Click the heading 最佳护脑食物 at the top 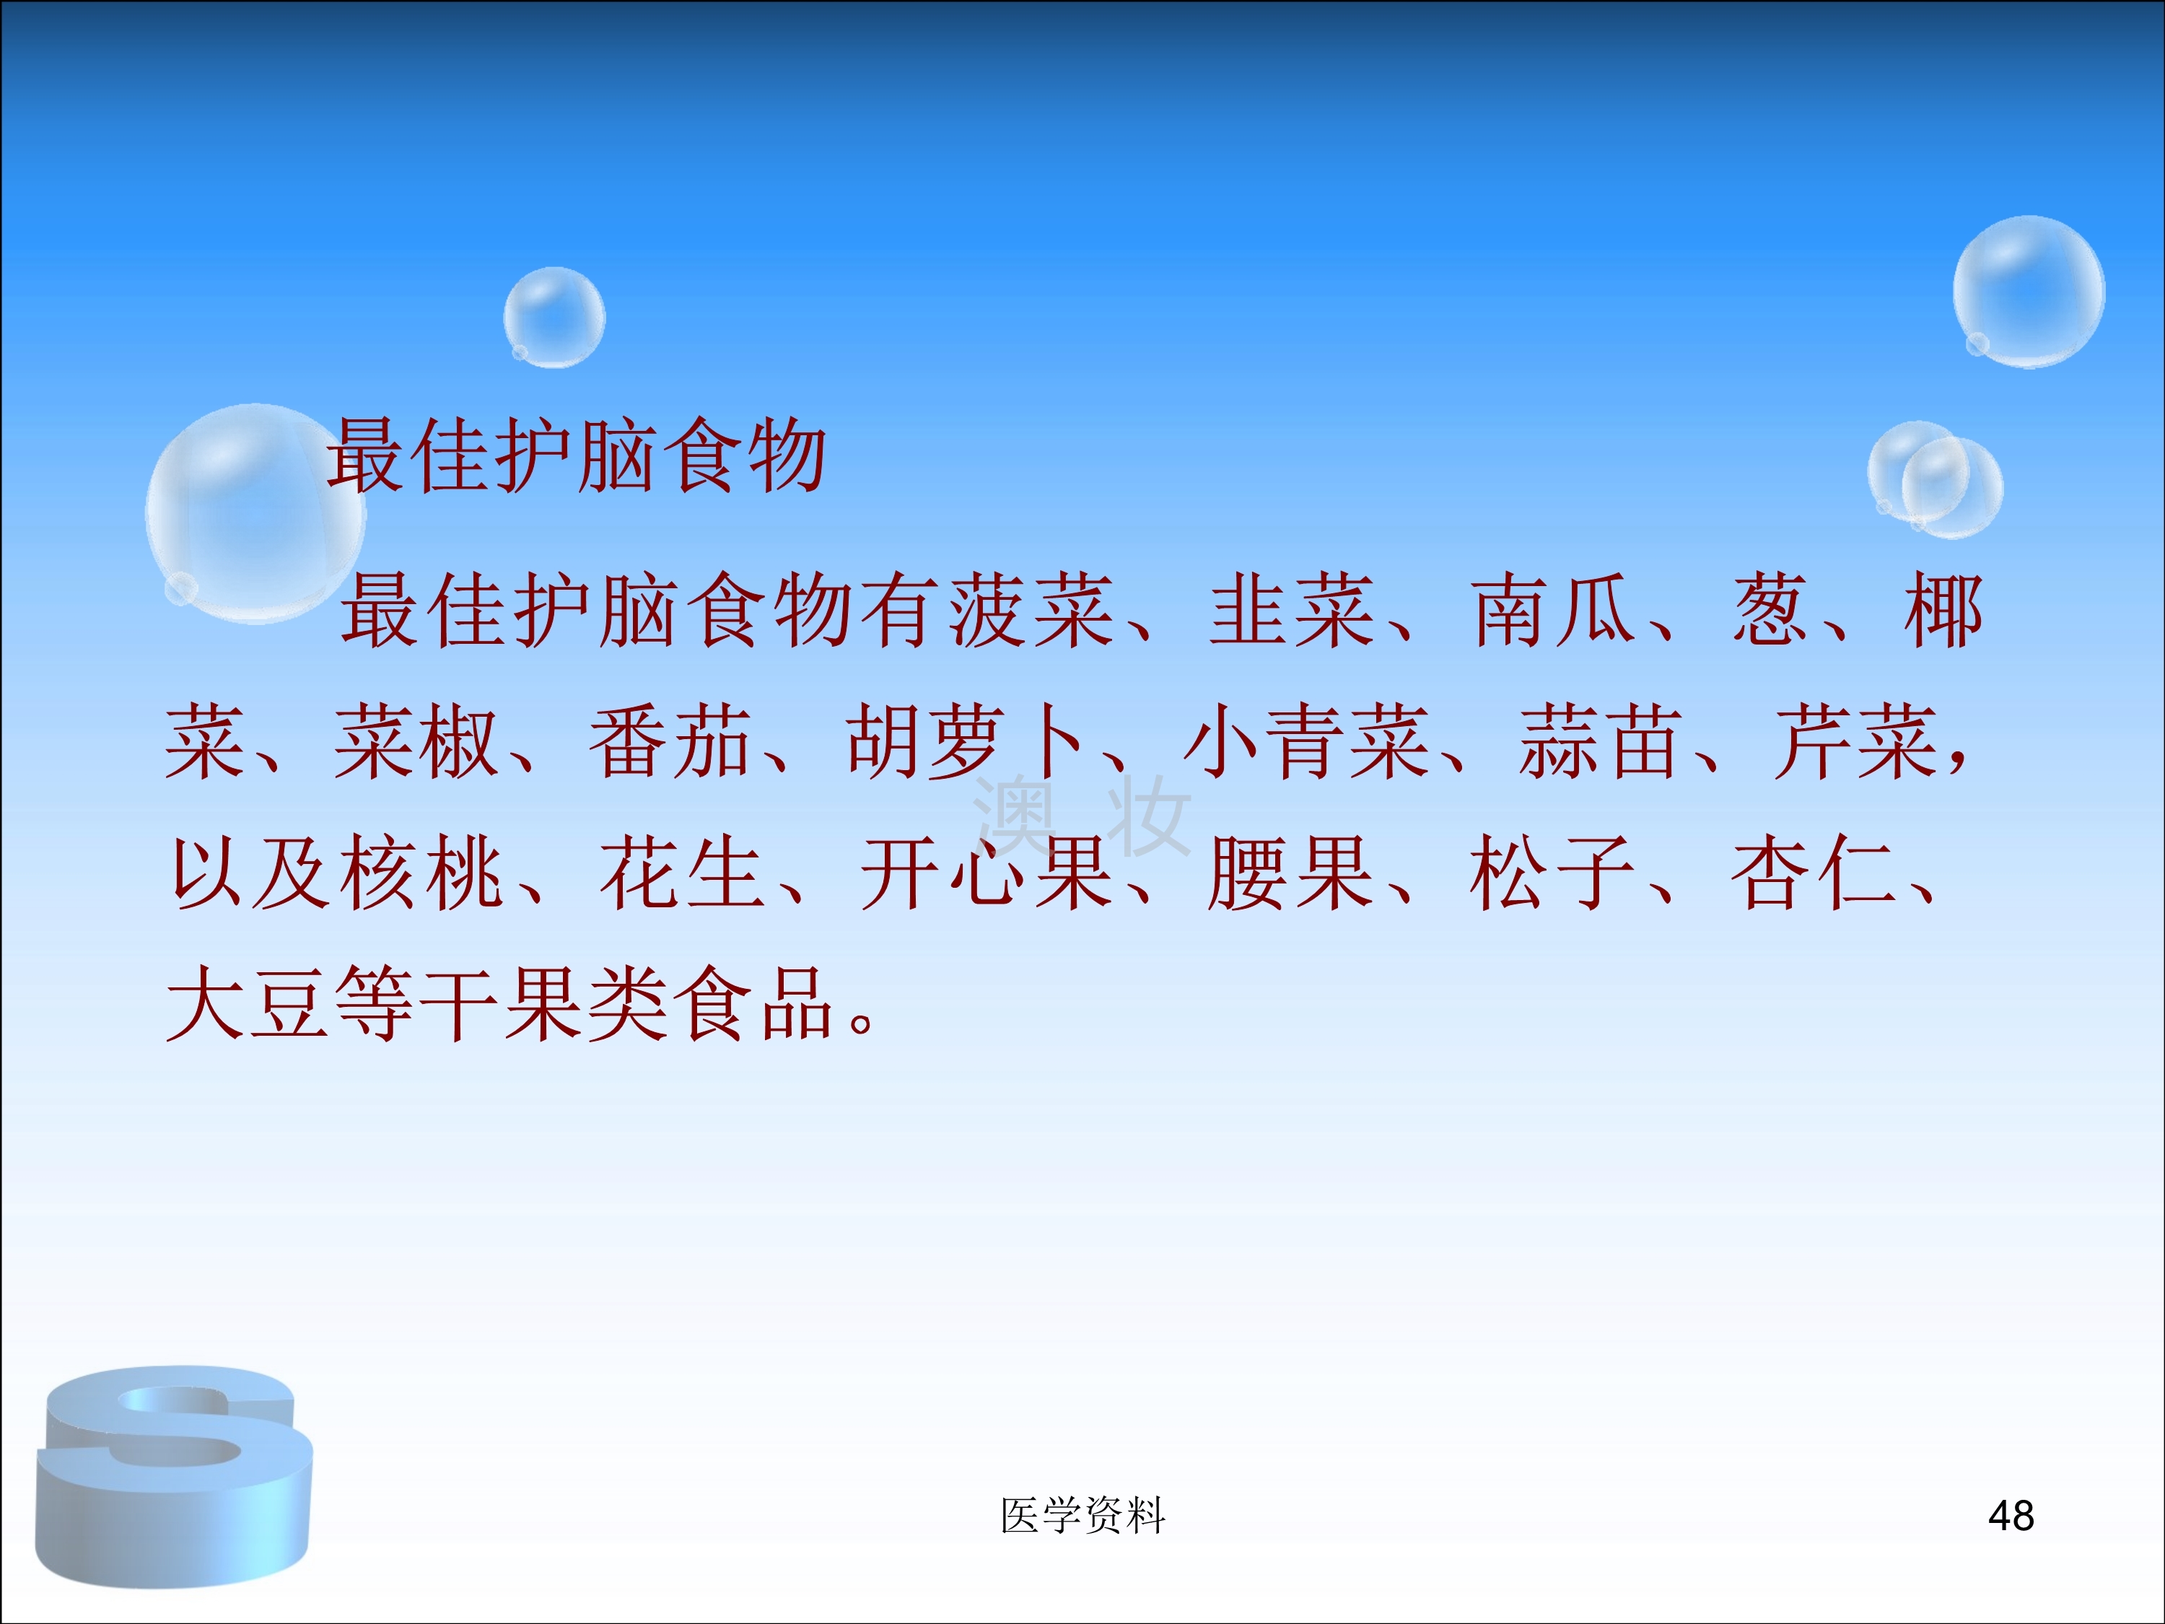tap(577, 455)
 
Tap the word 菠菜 tap(1033, 611)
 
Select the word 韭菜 tap(1292, 611)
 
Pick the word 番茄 tap(670, 742)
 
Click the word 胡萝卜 tap(966, 742)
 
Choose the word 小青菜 tap(1308, 742)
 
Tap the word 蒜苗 tap(1601, 742)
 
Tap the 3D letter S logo tap(174, 1476)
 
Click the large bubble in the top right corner tap(2029, 292)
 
